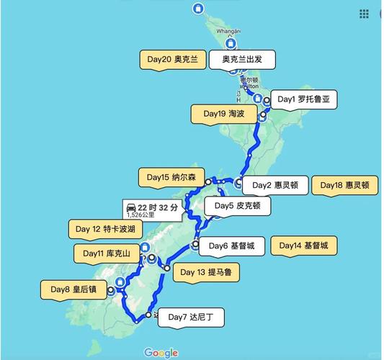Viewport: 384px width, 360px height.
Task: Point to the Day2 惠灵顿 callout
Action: [276, 185]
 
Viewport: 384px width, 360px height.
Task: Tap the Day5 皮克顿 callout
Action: [238, 206]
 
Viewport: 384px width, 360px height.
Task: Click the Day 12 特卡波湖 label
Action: [107, 229]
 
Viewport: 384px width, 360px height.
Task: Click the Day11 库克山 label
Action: [107, 253]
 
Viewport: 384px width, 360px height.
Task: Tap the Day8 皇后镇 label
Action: [74, 290]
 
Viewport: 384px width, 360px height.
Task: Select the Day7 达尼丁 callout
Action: [196, 316]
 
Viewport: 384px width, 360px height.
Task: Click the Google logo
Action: [161, 353]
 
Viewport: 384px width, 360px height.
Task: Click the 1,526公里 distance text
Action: [140, 215]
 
